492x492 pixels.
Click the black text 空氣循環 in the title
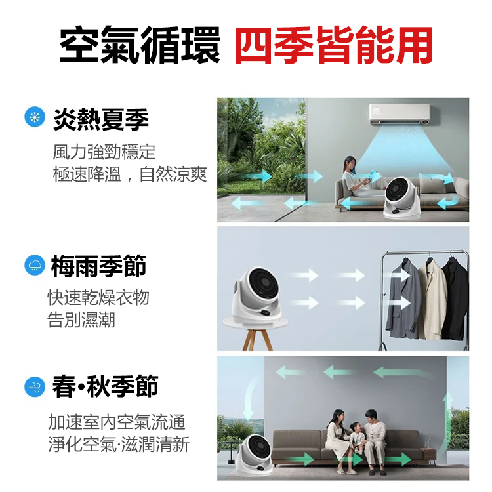pos(140,45)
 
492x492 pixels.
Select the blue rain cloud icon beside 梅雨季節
pos(33,265)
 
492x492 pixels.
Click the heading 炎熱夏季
pos(101,119)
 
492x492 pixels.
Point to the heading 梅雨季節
pos(98,266)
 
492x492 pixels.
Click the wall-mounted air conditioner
pos(400,113)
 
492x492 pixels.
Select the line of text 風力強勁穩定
pos(104,152)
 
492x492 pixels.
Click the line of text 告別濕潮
pos(81,320)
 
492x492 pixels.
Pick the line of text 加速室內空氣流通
pos(117,422)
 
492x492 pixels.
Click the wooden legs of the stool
pos(257,338)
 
